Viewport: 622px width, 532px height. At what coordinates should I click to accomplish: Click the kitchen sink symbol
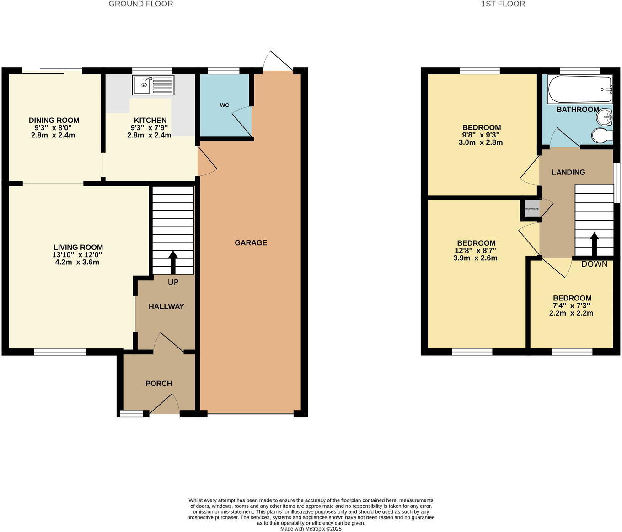pos(153,85)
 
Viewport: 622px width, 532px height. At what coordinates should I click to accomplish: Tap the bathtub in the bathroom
pos(579,90)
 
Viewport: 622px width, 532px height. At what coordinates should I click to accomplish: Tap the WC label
pos(224,105)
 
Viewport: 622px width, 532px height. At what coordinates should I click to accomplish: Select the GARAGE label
pos(251,242)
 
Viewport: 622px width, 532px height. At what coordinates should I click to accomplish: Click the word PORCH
pos(159,383)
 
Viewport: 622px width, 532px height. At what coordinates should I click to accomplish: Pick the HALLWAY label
pos(166,306)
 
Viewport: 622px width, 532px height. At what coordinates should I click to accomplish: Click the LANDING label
pos(568,172)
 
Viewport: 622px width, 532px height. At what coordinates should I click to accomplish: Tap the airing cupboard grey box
pos(531,209)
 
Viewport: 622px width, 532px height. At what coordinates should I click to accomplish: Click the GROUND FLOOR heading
pos(140,4)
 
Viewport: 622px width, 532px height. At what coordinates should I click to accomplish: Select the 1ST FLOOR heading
pos(503,4)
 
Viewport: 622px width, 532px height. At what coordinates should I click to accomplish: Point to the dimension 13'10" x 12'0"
pos(77,255)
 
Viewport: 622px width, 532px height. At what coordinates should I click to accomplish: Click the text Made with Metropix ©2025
pos(311,529)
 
